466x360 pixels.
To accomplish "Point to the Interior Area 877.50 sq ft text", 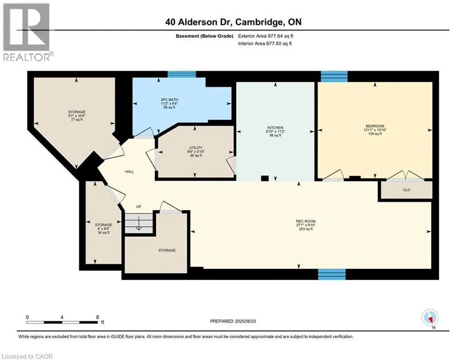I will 265,43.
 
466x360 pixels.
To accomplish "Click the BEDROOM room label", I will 375,126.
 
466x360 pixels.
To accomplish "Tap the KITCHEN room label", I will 276,127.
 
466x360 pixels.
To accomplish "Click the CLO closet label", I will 406,191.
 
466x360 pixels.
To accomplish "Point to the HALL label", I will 130,172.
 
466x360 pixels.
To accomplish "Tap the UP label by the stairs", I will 139,206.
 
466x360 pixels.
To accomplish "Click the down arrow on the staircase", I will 139,225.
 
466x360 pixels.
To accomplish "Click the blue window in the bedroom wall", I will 334,76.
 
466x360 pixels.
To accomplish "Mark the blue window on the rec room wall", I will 332,274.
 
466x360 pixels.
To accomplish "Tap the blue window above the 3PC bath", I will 182,74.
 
